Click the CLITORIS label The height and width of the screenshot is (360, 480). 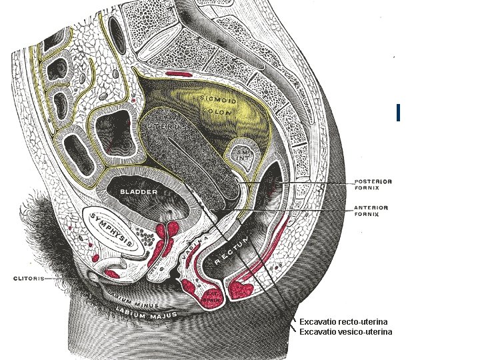tap(25, 279)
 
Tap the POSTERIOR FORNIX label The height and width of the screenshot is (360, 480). tap(373, 184)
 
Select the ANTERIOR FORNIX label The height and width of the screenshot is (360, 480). tap(371, 211)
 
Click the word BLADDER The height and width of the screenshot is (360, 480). tap(138, 193)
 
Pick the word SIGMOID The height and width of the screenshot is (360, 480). tap(216, 99)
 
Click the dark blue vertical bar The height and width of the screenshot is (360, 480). tap(397, 113)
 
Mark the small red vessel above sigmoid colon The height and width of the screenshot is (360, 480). tap(179, 73)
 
